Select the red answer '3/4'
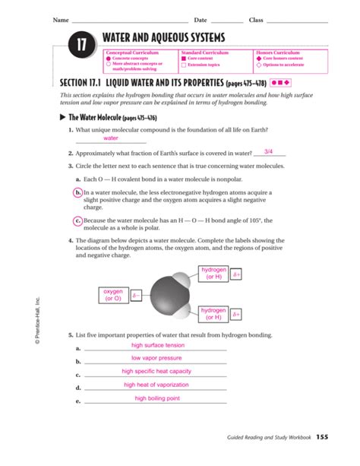click(268, 151)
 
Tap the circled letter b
click(78, 193)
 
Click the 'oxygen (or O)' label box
click(112, 295)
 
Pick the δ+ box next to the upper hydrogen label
click(236, 274)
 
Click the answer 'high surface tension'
click(158, 345)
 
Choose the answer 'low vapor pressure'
click(156, 358)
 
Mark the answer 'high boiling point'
click(157, 398)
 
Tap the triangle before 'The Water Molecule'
click(63, 118)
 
